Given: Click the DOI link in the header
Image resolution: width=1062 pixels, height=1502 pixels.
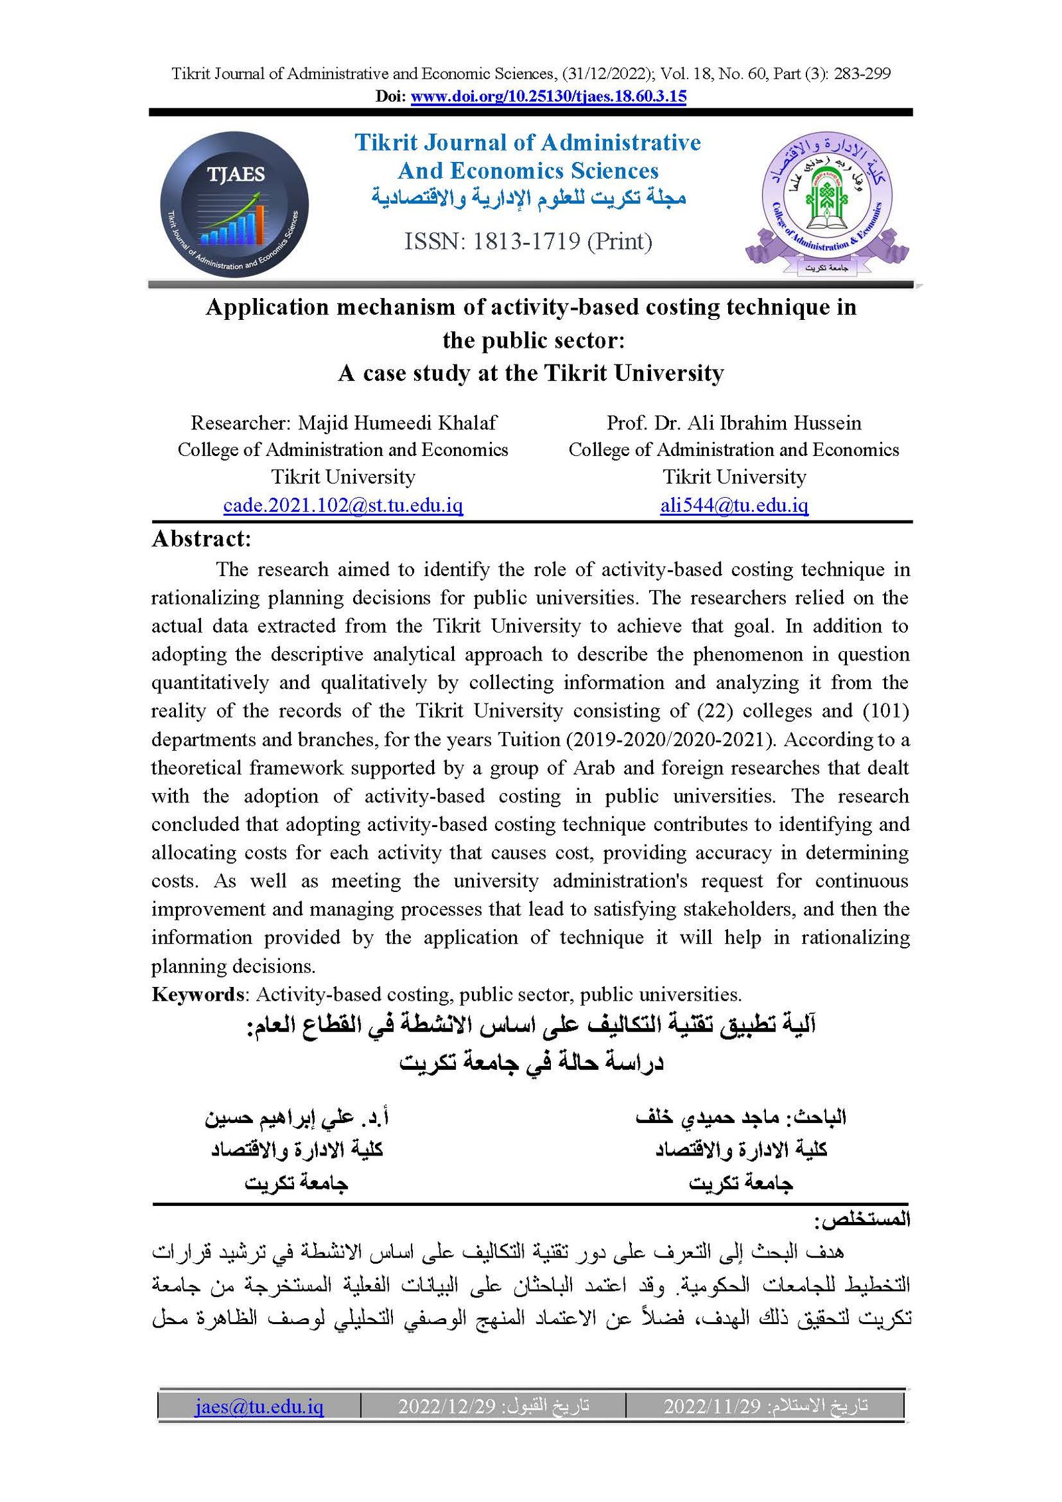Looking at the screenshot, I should click(x=548, y=96).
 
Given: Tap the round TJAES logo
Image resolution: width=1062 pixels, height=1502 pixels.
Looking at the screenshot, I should click(x=234, y=204).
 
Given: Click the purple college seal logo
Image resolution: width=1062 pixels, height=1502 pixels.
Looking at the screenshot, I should click(x=826, y=202).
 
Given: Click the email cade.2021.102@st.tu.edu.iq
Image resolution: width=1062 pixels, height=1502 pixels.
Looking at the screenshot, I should click(x=342, y=506).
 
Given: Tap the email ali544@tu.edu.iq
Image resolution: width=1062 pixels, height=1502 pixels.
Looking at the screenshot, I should click(x=734, y=506).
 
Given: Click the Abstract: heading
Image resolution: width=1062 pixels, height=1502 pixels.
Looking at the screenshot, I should click(x=202, y=539).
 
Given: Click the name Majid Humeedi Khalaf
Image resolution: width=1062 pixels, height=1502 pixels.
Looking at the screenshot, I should click(x=397, y=423).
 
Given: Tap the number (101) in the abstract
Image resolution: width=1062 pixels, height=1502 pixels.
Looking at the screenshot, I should click(x=885, y=711).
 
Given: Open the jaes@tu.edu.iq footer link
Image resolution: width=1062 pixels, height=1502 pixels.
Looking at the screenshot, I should click(x=259, y=1406).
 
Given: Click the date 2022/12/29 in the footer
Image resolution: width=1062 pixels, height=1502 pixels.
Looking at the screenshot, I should click(x=447, y=1406).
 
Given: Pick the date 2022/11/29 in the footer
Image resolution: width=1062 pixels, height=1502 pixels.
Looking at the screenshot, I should click(x=712, y=1406).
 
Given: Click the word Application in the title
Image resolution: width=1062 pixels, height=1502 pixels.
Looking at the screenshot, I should click(x=267, y=307).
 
